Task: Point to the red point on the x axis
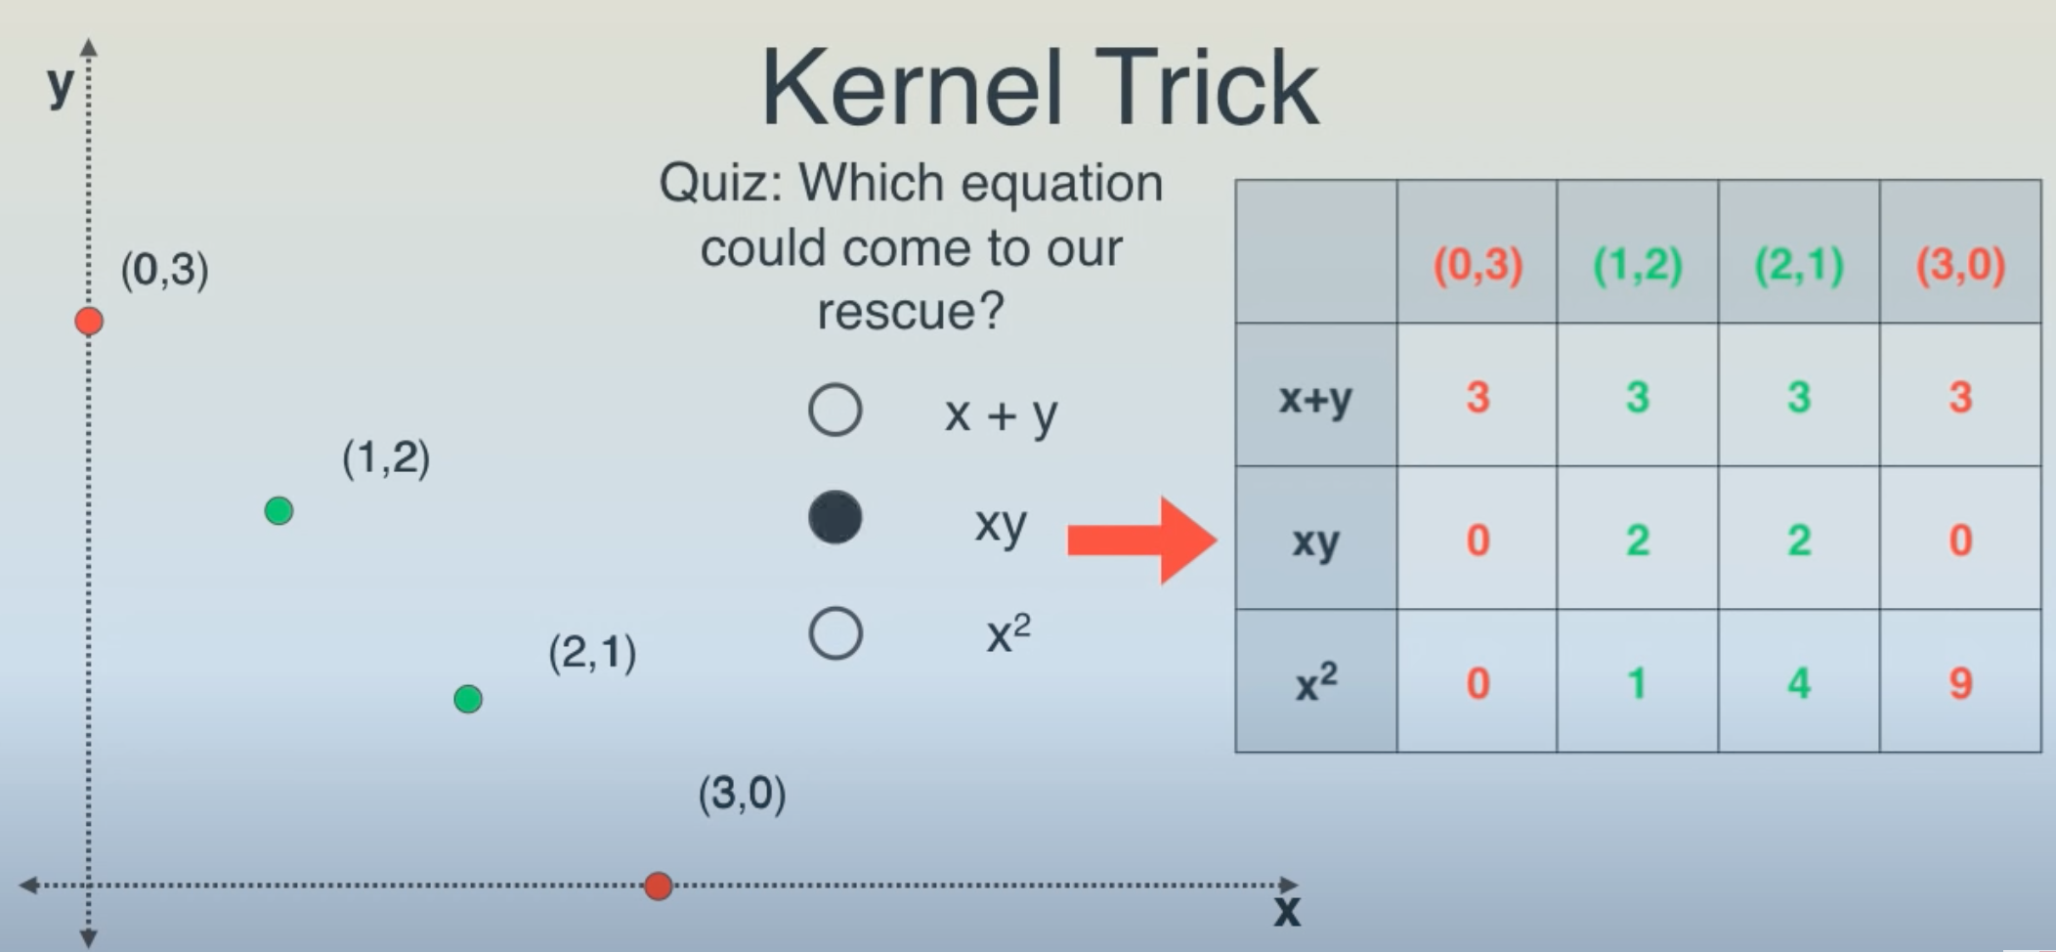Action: click(x=658, y=886)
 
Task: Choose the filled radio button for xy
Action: click(x=835, y=518)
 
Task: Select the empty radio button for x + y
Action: click(x=835, y=410)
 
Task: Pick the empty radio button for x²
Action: click(x=835, y=633)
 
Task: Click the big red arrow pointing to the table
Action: click(x=1141, y=540)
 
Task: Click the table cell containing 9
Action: click(x=1960, y=681)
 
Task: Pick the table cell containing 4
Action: click(x=1799, y=681)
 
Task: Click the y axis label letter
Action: click(x=61, y=84)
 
